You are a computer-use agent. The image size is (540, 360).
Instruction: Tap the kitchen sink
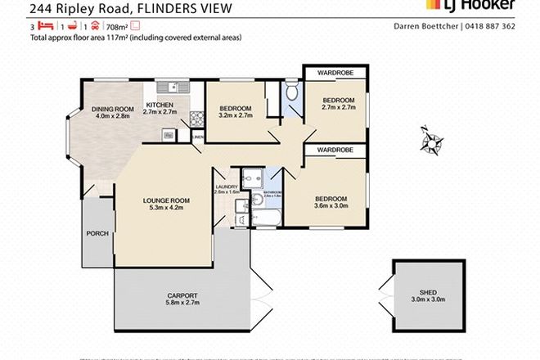pos(173,87)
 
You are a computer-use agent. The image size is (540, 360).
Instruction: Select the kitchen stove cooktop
pos(196,120)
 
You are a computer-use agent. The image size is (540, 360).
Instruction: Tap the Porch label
pos(97,233)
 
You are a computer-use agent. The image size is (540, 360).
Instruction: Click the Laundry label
pos(227,187)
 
